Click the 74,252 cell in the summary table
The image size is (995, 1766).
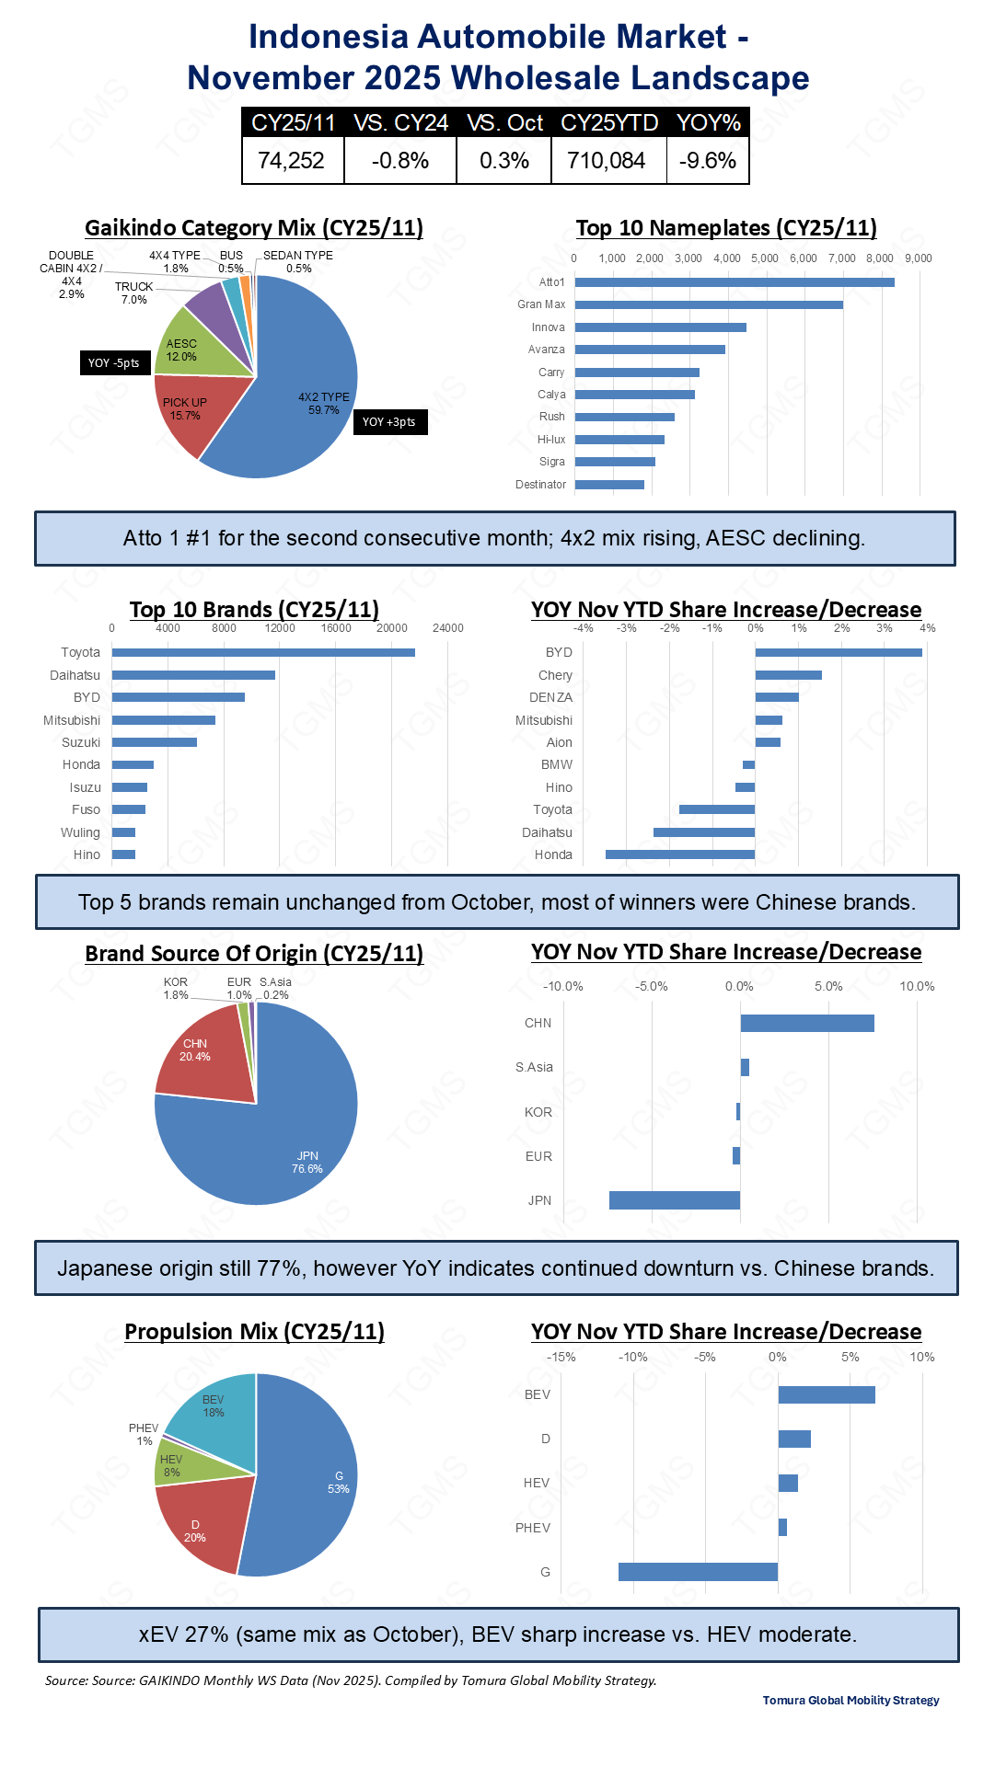tap(292, 161)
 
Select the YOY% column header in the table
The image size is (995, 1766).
tap(708, 122)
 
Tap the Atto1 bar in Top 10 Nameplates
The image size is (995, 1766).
tap(734, 282)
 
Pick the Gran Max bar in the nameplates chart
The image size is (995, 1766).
tap(708, 304)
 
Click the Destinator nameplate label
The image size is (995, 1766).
tap(540, 485)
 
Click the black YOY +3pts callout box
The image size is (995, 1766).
tap(389, 422)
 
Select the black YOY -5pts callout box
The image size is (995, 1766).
tap(114, 363)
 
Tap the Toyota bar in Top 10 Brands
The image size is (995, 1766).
tap(263, 653)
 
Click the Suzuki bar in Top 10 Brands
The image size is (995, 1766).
tap(155, 742)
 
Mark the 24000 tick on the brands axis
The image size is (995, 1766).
tap(448, 628)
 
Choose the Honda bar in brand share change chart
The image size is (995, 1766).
tap(680, 854)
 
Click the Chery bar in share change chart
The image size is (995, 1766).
tap(788, 675)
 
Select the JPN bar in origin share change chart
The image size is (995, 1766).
tap(675, 1200)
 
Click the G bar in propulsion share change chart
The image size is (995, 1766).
tap(698, 1572)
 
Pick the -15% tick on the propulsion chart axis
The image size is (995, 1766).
tap(561, 1357)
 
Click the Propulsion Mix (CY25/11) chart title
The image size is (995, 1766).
tap(254, 1332)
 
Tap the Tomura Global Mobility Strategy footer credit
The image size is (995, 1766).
tap(850, 1700)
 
